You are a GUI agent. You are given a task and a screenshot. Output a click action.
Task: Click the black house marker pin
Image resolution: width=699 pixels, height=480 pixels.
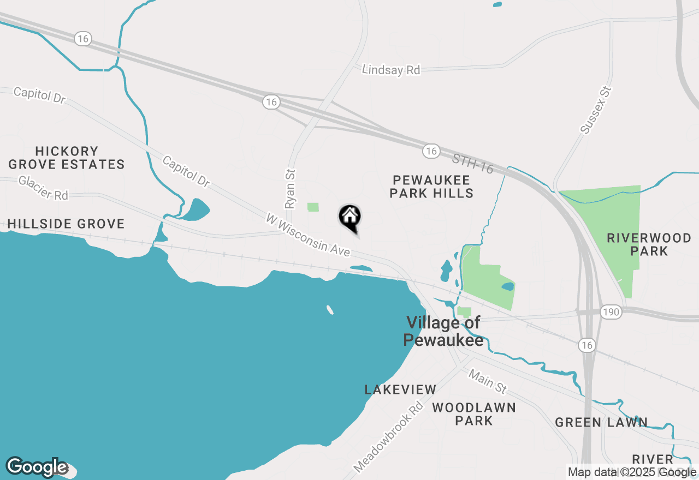coord(350,217)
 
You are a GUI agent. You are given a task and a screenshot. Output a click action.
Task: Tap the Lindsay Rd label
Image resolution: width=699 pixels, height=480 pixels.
coord(391,70)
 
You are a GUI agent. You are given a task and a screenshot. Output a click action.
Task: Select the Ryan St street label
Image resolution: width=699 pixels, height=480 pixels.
coord(290,189)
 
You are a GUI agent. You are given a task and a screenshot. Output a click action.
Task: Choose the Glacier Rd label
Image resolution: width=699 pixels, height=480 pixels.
coord(43,188)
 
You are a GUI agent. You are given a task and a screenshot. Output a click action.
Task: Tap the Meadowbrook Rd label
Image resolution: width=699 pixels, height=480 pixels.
coord(388,437)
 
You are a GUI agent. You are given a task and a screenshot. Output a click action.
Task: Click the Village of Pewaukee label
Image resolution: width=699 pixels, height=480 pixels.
coord(443,331)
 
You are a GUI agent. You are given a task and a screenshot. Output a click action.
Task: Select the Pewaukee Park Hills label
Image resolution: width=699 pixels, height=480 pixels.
coord(431,186)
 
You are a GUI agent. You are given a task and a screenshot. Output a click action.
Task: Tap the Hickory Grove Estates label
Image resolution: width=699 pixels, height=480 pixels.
coord(67,158)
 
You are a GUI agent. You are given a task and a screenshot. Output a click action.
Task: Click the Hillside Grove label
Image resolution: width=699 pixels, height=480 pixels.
coord(66,224)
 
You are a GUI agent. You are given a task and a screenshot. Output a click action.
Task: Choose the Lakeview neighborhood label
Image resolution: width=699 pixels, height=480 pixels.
coord(400,389)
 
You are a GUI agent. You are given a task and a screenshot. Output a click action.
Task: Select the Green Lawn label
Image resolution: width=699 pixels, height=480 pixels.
coord(601,422)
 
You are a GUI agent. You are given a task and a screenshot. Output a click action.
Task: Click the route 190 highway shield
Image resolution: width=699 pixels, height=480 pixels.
coord(612,312)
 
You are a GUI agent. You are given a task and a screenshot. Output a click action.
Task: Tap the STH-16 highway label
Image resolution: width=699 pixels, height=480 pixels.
coord(472,164)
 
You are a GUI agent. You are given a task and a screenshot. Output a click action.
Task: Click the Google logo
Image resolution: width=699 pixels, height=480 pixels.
coord(37,467)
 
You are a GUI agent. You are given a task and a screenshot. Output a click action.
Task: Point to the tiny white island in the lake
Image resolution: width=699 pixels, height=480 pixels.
coord(330,310)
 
